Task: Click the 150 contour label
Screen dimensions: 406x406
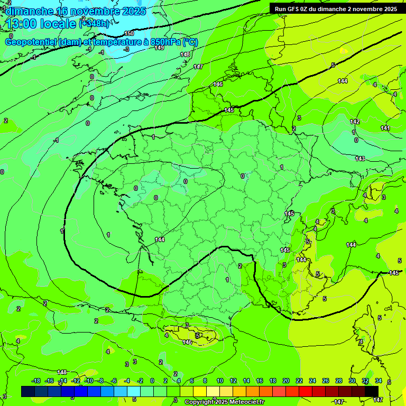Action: [x=130, y=33]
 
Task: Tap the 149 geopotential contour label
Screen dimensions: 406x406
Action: [x=159, y=48]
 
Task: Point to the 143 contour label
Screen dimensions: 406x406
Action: [x=360, y=159]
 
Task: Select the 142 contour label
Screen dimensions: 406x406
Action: [x=355, y=122]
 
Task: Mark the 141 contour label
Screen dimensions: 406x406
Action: [x=385, y=128]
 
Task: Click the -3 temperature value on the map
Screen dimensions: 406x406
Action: [x=126, y=49]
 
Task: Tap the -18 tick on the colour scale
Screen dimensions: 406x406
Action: [x=36, y=381]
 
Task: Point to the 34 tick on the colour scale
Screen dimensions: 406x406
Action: [x=379, y=381]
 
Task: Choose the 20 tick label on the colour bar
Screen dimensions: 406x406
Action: [x=286, y=381]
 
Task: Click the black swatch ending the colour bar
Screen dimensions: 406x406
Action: [x=372, y=391]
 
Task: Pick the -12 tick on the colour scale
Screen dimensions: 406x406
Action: [x=76, y=381]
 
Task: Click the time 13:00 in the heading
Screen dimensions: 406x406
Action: [x=23, y=23]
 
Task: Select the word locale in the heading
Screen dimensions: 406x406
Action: [x=59, y=23]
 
